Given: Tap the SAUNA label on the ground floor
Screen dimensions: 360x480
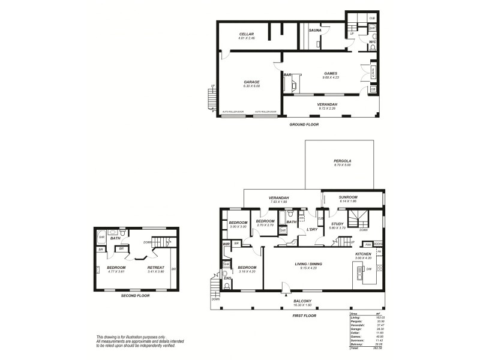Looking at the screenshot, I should pyautogui.click(x=316, y=30).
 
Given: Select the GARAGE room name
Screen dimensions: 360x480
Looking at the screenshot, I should pyautogui.click(x=251, y=82).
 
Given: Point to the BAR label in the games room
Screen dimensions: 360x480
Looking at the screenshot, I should pyautogui.click(x=287, y=74).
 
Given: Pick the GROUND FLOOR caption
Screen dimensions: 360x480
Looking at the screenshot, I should pyautogui.click(x=304, y=124).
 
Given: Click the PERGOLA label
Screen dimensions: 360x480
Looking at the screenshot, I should pyautogui.click(x=343, y=161).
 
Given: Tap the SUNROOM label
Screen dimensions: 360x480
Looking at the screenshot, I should pyautogui.click(x=348, y=197).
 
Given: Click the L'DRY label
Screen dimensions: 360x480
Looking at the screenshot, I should pyautogui.click(x=311, y=229).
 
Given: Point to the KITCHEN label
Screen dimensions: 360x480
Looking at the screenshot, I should pyautogui.click(x=364, y=254).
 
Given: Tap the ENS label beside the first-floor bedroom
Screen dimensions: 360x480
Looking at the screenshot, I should pyautogui.click(x=227, y=278).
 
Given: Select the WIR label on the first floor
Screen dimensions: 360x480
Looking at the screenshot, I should pyautogui.click(x=227, y=244).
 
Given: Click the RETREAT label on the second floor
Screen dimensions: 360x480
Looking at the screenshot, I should pyautogui.click(x=155, y=267).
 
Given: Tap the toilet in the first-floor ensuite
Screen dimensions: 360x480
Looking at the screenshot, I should pyautogui.click(x=227, y=286).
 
